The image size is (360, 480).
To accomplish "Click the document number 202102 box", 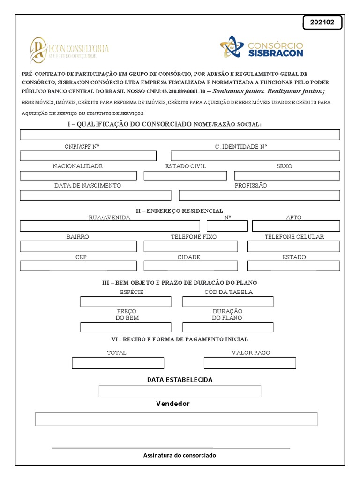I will (x=322, y=22).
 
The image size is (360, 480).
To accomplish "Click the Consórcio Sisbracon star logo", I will (x=232, y=47).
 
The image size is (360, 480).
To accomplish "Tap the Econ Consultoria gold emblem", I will (x=38, y=50).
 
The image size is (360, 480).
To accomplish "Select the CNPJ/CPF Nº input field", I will (x=88, y=156).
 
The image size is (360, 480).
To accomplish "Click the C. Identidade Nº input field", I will (x=255, y=156).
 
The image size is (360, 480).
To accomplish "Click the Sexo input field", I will (x=287, y=176).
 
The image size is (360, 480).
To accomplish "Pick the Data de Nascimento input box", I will (x=95, y=195).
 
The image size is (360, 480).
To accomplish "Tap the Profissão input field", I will (x=259, y=195).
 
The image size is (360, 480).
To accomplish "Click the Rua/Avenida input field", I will (x=110, y=226).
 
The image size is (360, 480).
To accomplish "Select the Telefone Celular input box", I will (x=293, y=247).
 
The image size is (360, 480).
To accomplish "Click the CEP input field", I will (x=78, y=266).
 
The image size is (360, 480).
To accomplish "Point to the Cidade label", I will (x=189, y=257).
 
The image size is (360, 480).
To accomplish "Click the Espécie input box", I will (x=126, y=301).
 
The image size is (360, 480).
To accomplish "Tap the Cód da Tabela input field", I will (x=228, y=301).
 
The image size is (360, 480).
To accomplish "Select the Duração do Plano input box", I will (x=228, y=327).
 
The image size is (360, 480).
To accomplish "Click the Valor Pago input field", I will (x=250, y=363).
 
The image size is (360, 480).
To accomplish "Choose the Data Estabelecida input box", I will (x=180, y=391).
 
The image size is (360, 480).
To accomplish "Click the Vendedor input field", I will (x=176, y=419).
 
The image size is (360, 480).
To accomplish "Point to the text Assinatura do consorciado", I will (x=180, y=455).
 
